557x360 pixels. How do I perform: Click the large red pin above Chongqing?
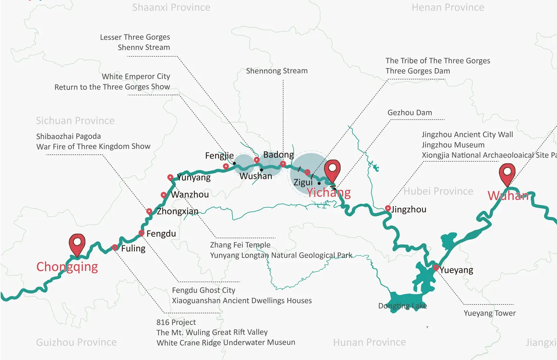pos(77,243)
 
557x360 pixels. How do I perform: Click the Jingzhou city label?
pos(408,210)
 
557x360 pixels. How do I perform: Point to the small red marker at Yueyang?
pos(436,268)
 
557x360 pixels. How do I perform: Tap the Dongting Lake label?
pos(402,306)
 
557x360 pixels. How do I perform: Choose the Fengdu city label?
pos(161,234)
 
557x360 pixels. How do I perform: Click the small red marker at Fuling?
pos(115,248)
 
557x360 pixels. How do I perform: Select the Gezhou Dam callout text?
pos(410,113)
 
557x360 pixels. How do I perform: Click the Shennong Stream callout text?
pos(277,71)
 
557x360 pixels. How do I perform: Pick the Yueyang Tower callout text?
pos(489,313)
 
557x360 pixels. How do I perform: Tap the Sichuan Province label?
pos(75,121)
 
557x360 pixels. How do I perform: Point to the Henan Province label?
pos(448,8)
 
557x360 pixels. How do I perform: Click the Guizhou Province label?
pos(76,342)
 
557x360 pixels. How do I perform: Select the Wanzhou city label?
pos(190,195)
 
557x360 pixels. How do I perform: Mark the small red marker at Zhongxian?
pos(149,211)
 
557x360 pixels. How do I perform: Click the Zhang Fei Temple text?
pos(240,245)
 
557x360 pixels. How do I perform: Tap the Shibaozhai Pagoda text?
pos(69,136)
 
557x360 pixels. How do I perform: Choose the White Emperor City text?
pos(136,77)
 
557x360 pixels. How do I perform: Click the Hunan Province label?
pos(369,342)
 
